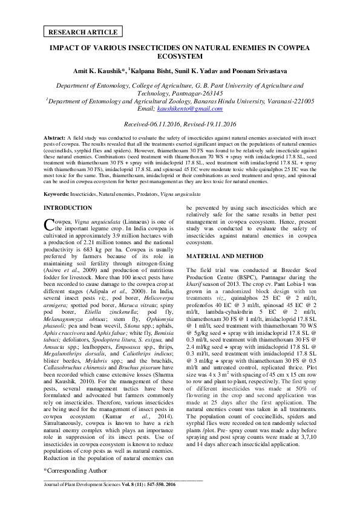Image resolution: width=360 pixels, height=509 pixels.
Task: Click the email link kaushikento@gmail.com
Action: [x=190, y=108]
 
